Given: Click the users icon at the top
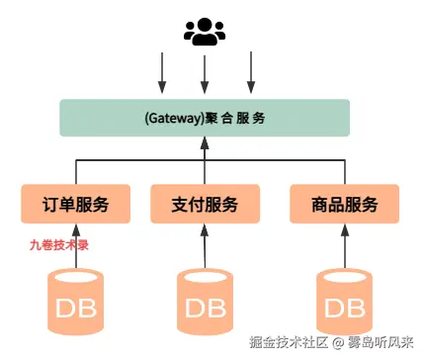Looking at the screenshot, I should [x=204, y=32].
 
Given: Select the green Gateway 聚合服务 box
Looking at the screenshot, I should [x=204, y=118].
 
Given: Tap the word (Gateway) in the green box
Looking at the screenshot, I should [x=171, y=118].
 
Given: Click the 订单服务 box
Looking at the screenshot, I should [x=76, y=204].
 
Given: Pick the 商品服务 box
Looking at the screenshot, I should [x=344, y=204].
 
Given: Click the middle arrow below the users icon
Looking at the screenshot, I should [x=204, y=72].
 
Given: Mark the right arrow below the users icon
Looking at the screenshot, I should [x=250, y=72].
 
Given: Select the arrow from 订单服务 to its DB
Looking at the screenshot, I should [x=76, y=246].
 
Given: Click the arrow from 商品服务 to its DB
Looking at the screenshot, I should [x=344, y=246].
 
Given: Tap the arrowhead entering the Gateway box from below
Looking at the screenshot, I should [x=204, y=142].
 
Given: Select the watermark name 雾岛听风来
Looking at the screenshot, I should [x=382, y=344].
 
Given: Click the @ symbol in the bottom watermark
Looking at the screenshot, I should [x=337, y=344].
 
